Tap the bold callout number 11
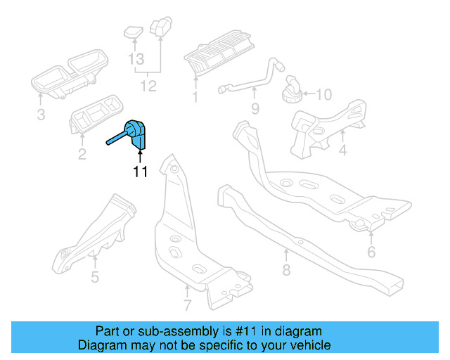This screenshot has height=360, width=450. point(140,172)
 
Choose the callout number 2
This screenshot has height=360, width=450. point(82,154)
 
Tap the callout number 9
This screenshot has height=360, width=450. point(255,108)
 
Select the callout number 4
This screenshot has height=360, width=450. point(342,150)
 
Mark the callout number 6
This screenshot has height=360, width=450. point(371,251)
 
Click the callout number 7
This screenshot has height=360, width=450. point(187,305)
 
